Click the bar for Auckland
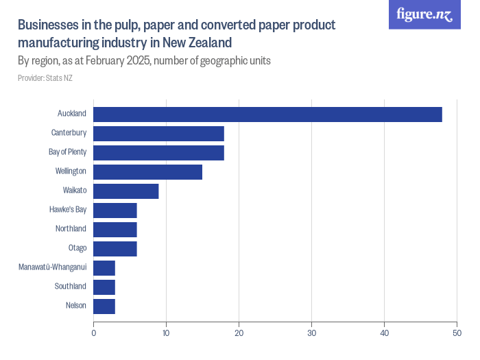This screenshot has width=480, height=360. tap(267, 115)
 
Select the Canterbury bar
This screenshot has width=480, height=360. tap(158, 134)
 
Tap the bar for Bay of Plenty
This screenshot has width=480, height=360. tap(158, 153)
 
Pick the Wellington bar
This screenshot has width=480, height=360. tap(147, 172)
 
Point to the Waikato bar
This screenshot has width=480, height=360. tap(125, 191)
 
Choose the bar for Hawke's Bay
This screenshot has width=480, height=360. tap(115, 211)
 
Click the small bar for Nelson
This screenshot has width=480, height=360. tap(104, 306)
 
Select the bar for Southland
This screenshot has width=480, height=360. tap(104, 287)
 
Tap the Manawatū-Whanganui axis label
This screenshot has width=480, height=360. tap(52, 267)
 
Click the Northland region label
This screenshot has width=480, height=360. tap(71, 229)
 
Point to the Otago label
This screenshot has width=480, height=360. tap(77, 248)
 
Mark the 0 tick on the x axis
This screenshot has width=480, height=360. tap(94, 334)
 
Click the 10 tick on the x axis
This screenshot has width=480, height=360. tap(166, 334)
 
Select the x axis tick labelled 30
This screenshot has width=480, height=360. tap(311, 334)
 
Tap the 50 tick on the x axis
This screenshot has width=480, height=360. tap(457, 334)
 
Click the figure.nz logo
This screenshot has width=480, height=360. tap(425, 14)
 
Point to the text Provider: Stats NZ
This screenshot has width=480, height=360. tap(45, 78)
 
